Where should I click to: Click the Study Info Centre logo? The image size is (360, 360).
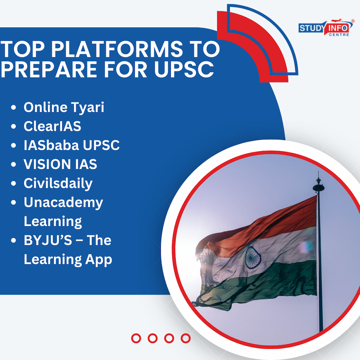tap(326, 28)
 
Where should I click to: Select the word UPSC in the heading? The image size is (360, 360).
tap(184, 69)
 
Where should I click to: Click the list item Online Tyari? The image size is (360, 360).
tap(64, 107)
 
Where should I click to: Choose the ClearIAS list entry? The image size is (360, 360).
tap(52, 126)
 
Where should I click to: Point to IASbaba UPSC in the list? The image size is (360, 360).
tap(72, 145)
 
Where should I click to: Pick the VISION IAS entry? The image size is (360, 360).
tap(60, 164)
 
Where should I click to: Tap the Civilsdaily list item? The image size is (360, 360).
tap(58, 183)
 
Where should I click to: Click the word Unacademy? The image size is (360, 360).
tap(63, 203)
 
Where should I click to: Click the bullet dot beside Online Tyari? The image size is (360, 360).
tap(13, 107)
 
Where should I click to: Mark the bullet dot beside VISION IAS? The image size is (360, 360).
tap(13, 164)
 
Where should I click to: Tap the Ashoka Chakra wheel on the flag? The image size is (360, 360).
tap(253, 257)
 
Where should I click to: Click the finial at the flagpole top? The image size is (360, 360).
tap(318, 183)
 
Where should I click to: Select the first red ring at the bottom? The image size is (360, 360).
tap(136, 338)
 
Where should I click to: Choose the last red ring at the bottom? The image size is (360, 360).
tap(186, 338)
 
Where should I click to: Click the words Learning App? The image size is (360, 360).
tap(68, 260)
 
